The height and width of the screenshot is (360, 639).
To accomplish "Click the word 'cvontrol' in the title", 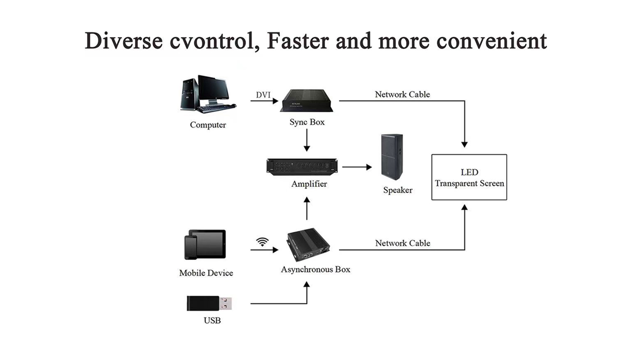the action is coord(212,41).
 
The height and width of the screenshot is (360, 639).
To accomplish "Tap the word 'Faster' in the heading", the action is coord(298,40).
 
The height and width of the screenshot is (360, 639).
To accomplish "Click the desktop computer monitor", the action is coord(213,90).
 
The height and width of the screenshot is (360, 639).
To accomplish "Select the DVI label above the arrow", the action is coord(263,95).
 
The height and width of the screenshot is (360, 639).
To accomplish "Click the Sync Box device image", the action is coord(307,101).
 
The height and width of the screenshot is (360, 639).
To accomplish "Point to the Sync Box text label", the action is coord(307,122).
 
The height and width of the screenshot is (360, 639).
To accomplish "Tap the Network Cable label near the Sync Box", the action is coord(402,94).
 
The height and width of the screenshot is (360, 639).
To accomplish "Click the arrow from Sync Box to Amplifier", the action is coord(307,140).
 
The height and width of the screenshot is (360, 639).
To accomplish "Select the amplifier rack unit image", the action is coord(302,166).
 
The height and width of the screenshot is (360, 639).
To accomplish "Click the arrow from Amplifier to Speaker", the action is coord(357,167).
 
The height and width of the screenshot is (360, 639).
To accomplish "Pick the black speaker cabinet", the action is coord(392,157).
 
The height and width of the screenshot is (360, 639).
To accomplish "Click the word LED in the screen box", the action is coord(469,172).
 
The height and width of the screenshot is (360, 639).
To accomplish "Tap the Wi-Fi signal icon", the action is coord(262,242).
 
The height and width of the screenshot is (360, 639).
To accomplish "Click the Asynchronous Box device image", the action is coord(308,245).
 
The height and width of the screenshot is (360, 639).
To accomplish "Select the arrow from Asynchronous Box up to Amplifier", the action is coord(307,208).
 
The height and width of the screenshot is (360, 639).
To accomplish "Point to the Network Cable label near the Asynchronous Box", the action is coord(403,243).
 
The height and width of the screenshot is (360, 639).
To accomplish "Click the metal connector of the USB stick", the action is coord(226,303).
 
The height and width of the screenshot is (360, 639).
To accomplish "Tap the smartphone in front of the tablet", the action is coord(191,247).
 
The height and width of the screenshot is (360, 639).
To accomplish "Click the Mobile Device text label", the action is coord(206,273).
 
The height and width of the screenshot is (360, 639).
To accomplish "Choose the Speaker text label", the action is coord(398,190).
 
